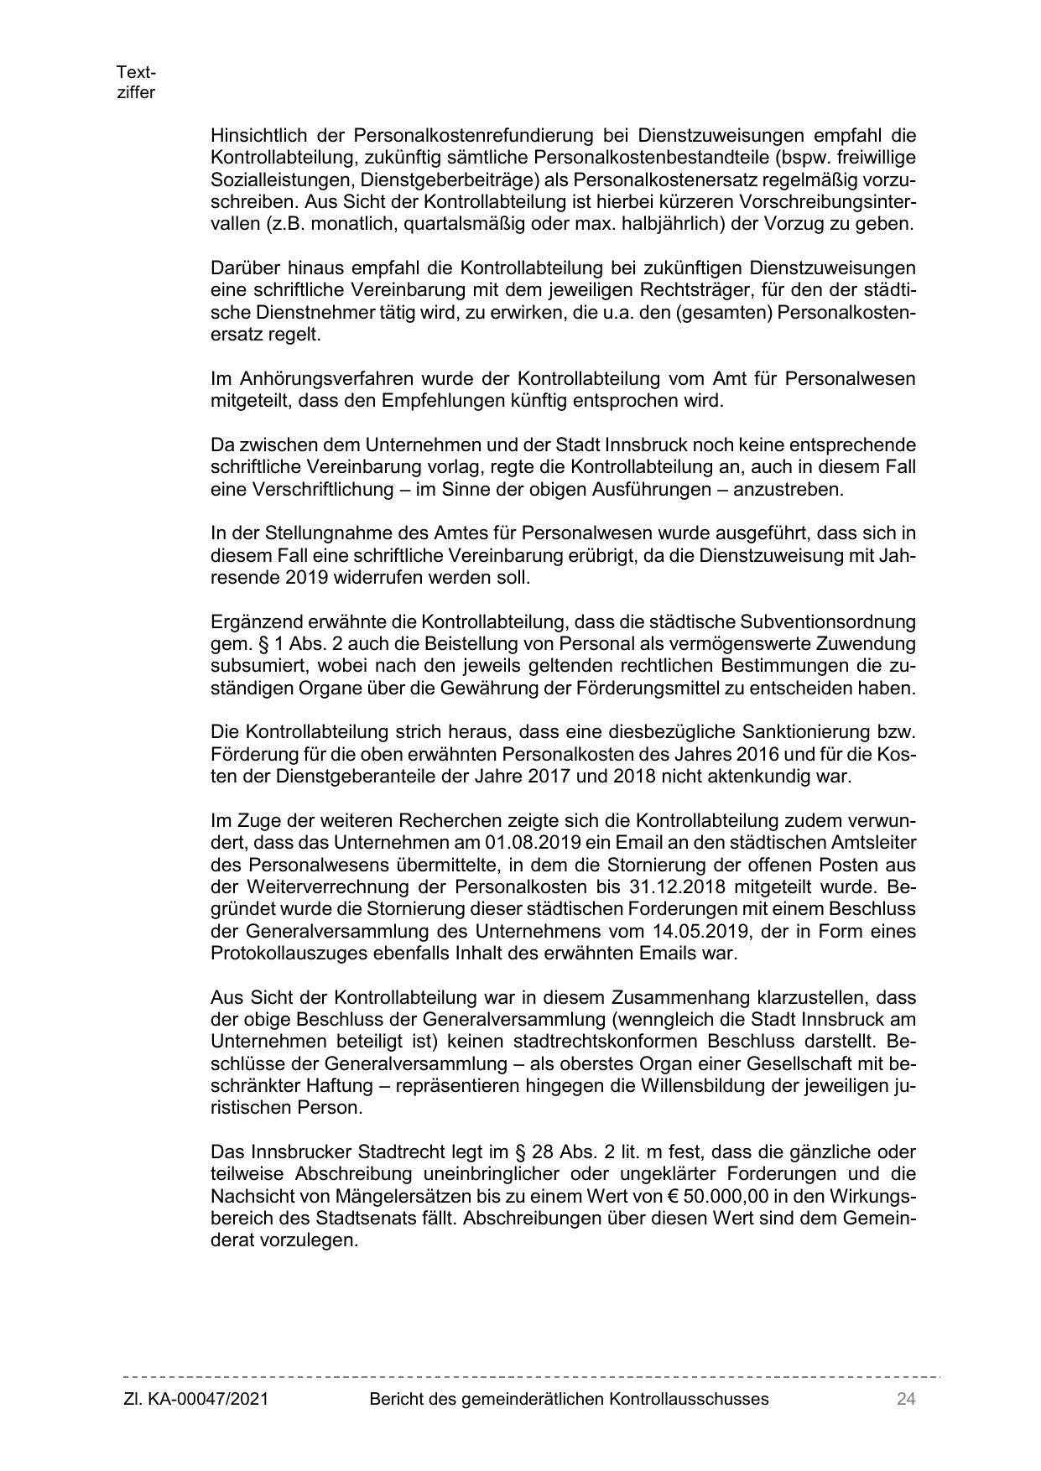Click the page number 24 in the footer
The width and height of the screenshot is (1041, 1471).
pyautogui.click(x=905, y=1398)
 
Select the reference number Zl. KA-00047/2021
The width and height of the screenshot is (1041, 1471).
pyautogui.click(x=195, y=1398)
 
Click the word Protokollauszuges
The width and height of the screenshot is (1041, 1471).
pyautogui.click(x=285, y=954)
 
